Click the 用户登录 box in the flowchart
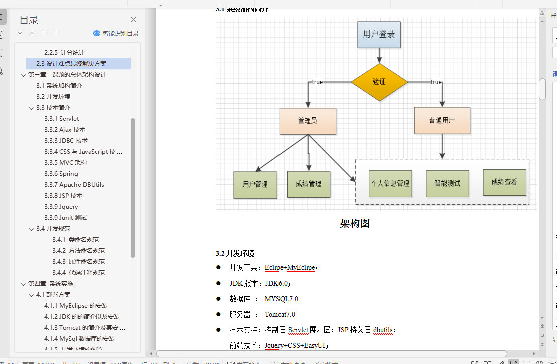(379, 35)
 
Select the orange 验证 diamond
(379, 82)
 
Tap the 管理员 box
(307, 121)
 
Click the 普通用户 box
(442, 120)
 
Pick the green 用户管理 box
(255, 184)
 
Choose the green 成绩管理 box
(308, 184)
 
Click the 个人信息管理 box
(390, 183)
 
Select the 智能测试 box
(447, 183)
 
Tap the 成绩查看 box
(504, 182)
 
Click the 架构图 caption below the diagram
(355, 223)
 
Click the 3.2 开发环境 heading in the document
(235, 253)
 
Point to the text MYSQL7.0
(282, 299)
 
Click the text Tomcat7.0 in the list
(280, 314)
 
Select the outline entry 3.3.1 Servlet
(61, 119)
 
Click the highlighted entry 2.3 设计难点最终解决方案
(71, 64)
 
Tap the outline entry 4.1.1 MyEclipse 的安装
(76, 306)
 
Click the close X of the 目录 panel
(133, 20)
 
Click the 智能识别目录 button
(116, 33)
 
